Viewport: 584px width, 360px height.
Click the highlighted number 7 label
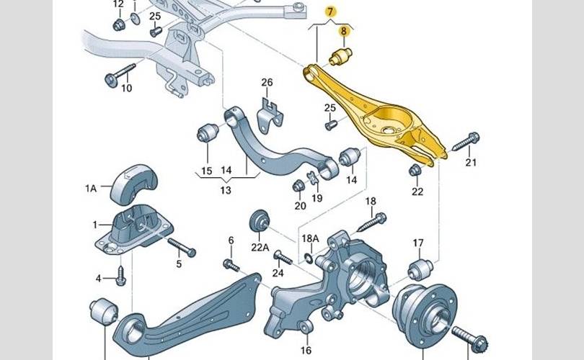(x=330, y=12)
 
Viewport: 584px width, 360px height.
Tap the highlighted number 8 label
(x=343, y=31)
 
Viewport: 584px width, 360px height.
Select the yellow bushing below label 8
(x=340, y=56)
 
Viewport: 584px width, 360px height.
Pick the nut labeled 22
(x=415, y=171)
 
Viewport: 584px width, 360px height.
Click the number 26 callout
(x=267, y=82)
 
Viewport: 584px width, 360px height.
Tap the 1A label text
(x=91, y=189)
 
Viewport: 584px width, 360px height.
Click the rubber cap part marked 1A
(x=134, y=184)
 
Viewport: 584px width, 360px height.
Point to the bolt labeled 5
(x=182, y=247)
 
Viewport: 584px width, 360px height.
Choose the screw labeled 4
(x=120, y=276)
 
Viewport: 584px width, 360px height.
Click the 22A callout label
(x=260, y=247)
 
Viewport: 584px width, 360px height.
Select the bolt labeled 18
(x=373, y=222)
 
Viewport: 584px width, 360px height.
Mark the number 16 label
(x=306, y=350)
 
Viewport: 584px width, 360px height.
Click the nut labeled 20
(x=298, y=185)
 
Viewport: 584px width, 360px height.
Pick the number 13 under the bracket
(x=226, y=190)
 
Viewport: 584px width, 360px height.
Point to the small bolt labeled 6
(x=231, y=265)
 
